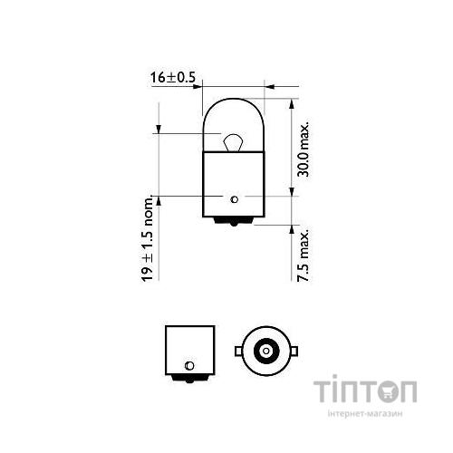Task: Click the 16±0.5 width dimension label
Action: pos(172,78)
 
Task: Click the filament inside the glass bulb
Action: pos(232,140)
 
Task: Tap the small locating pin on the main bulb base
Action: pos(235,198)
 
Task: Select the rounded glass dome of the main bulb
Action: pos(234,118)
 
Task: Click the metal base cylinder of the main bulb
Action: pos(234,181)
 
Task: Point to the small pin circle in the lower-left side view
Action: pos(188,365)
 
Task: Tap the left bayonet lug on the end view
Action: pos(238,349)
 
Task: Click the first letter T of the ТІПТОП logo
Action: pos(326,391)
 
